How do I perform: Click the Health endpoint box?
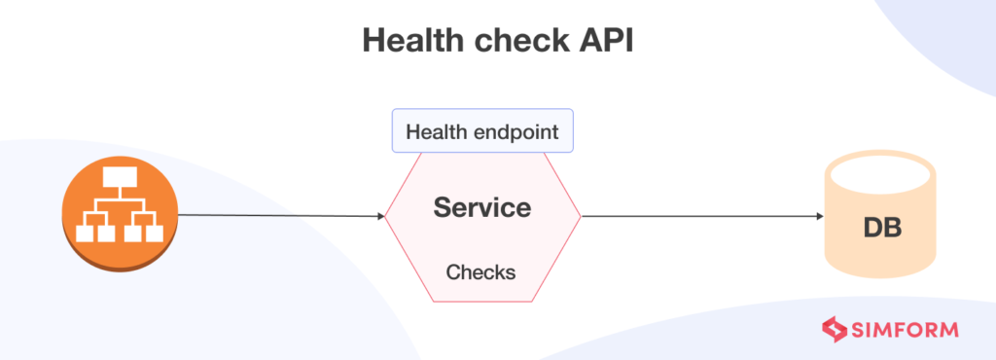click(482, 131)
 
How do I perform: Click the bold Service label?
click(482, 207)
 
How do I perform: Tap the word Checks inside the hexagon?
click(480, 271)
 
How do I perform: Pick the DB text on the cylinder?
click(882, 230)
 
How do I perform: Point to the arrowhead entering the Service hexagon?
click(380, 216)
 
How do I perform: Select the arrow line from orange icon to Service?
click(282, 215)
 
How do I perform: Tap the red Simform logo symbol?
click(836, 330)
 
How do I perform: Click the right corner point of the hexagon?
click(580, 216)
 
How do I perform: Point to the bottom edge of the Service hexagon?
click(482, 301)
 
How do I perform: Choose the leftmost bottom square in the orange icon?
click(85, 234)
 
